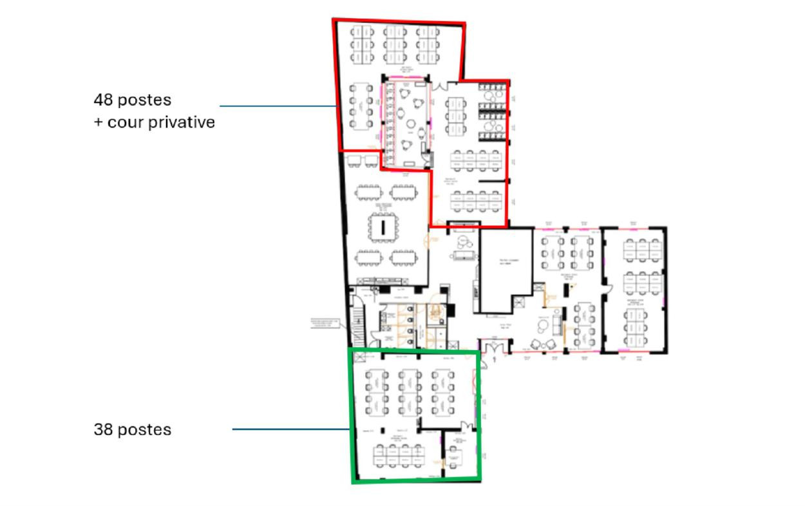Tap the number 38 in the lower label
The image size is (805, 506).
tap(103, 429)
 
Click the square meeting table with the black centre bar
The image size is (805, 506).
tap(383, 226)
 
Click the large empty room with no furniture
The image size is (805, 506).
tap(506, 270)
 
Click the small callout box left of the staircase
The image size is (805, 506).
tap(326, 323)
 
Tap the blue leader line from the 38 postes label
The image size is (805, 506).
tap(290, 429)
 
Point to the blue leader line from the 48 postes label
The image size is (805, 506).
tap(277, 106)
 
